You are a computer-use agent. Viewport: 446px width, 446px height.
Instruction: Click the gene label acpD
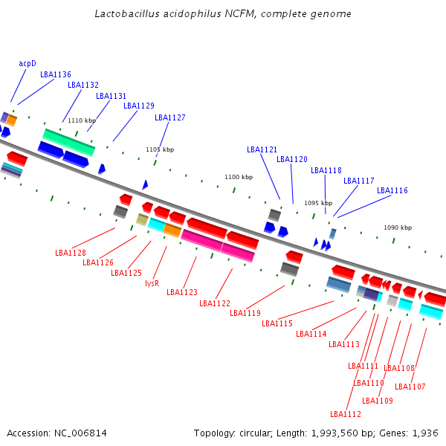(28, 63)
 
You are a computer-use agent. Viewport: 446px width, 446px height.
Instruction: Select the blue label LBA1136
(56, 74)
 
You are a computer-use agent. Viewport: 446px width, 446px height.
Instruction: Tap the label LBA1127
(169, 117)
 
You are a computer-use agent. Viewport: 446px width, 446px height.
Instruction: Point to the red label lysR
(152, 283)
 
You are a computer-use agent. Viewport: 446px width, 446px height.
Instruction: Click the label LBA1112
(346, 414)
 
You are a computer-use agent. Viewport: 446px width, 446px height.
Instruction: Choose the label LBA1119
(245, 313)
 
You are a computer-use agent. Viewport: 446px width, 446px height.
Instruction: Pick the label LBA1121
(262, 149)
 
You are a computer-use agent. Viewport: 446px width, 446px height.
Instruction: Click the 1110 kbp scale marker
(82, 120)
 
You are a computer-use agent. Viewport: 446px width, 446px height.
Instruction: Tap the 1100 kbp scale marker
(239, 177)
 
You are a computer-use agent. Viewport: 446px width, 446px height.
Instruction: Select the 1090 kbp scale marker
(398, 227)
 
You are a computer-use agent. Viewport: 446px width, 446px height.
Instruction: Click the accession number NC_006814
(80, 433)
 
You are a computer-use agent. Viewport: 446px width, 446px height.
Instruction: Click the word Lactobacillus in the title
(127, 13)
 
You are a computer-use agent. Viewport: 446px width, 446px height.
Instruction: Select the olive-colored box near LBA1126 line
(142, 219)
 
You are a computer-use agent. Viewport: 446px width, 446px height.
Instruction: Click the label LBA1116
(392, 190)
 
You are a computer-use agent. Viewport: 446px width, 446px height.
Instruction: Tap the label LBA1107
(410, 387)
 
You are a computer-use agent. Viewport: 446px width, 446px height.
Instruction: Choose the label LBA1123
(182, 292)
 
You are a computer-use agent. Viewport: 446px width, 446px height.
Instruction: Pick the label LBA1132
(83, 85)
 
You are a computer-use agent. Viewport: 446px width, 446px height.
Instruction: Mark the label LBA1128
(71, 253)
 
